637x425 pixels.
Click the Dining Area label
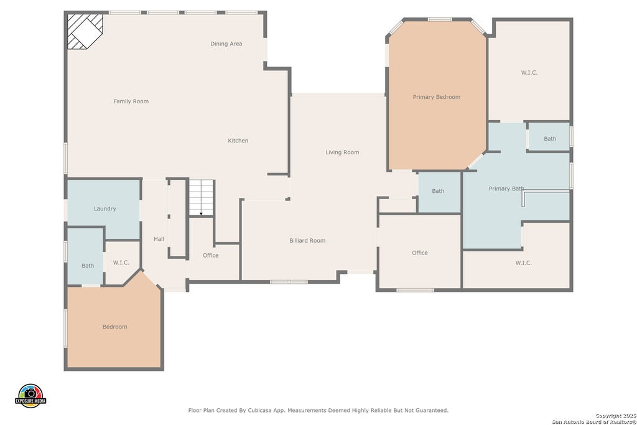(226, 44)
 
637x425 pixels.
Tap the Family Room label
(131, 101)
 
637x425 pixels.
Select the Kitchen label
(238, 141)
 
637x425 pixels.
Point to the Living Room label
(342, 152)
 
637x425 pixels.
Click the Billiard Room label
(307, 241)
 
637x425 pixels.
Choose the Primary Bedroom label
(436, 97)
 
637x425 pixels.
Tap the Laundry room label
(105, 209)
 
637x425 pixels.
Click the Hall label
(159, 239)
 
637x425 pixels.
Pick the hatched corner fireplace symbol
(85, 31)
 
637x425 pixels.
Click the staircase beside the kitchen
(201, 197)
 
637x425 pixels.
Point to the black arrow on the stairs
(201, 213)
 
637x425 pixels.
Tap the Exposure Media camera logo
(30, 396)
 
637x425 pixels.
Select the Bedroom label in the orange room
(114, 327)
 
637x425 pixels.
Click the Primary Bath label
(506, 189)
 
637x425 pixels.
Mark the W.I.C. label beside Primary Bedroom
(529, 73)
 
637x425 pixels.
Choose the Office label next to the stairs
(210, 255)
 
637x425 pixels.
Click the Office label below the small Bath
(420, 253)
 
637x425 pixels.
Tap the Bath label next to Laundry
(88, 266)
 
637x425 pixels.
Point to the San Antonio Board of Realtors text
(594, 422)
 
